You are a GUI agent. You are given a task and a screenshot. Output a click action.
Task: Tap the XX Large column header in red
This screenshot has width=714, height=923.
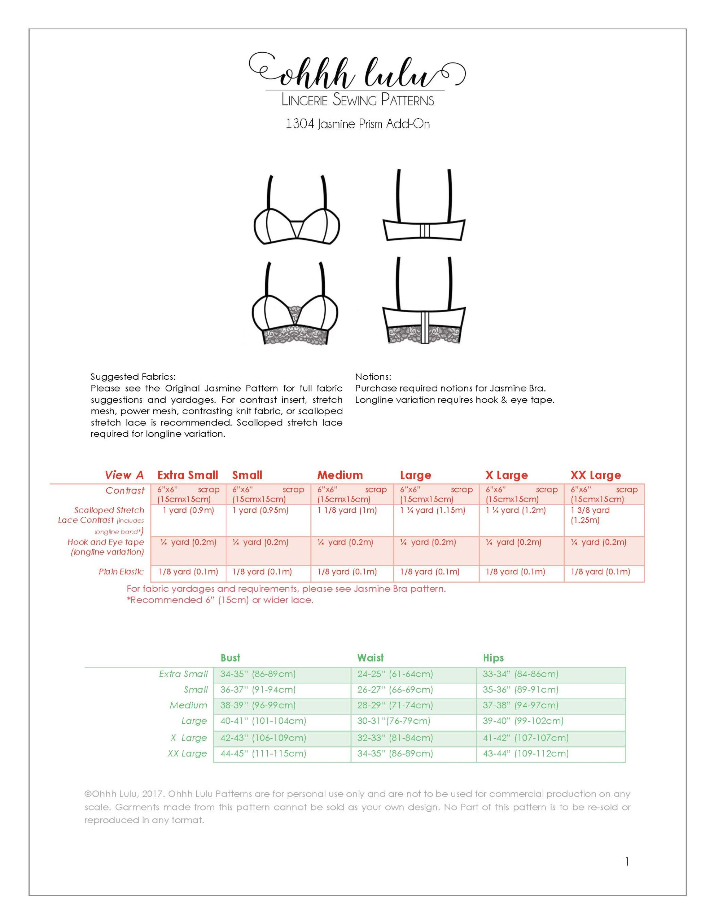(596, 475)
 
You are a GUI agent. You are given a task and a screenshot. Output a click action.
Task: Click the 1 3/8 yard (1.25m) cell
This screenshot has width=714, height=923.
(591, 515)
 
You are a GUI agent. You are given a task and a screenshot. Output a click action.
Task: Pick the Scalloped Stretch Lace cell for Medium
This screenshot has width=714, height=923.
(347, 510)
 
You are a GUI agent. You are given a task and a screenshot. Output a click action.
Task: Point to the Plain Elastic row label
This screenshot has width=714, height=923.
(121, 572)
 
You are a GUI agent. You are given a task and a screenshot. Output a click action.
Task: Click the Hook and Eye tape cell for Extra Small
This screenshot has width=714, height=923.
(189, 542)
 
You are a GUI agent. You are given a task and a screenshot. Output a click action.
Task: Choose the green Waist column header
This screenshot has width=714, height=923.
(370, 658)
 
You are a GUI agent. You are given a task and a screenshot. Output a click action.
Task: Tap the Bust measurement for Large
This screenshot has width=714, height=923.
(263, 721)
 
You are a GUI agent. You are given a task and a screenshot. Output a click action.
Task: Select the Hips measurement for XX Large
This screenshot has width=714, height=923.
(525, 753)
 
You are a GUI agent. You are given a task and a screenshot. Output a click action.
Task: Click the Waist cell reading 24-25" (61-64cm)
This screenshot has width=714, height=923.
(395, 674)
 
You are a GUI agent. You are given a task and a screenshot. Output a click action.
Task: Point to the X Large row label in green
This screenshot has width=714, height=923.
(189, 737)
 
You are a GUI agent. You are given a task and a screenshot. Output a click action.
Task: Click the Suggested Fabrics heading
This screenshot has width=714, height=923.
(133, 376)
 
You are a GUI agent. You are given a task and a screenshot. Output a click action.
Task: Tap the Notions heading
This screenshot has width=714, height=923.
(373, 376)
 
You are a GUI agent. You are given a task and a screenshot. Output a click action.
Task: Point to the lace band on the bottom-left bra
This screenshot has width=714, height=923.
(296, 336)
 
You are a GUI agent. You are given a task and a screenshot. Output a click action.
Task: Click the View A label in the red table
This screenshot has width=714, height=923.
(124, 475)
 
